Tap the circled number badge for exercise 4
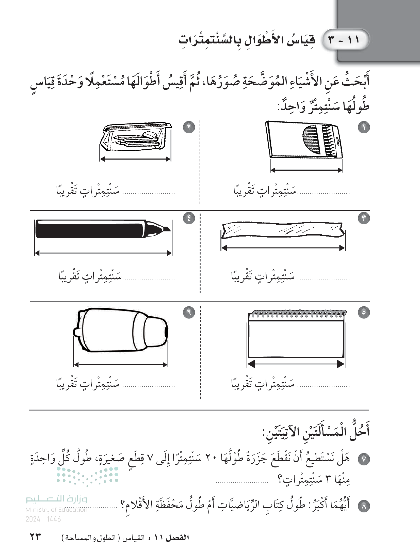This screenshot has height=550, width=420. [189, 218]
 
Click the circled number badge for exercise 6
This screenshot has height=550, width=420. [189, 312]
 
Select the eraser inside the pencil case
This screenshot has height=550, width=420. [150, 135]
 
